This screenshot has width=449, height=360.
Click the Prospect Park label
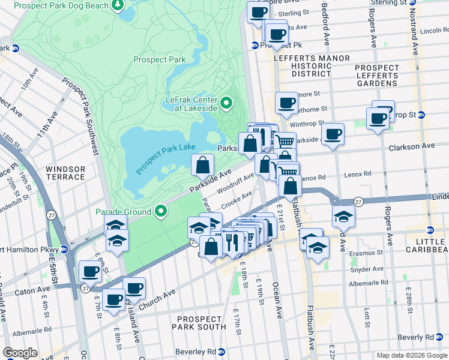tap(160, 59)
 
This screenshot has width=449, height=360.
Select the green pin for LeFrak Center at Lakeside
tap(226, 104)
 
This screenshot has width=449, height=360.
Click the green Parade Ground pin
tap(161, 211)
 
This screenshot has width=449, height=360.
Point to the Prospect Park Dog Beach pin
tap(118, 6)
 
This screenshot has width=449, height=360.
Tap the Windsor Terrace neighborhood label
tap(65, 173)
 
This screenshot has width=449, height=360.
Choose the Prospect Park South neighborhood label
tap(199, 322)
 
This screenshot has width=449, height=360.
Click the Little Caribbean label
tap(427, 245)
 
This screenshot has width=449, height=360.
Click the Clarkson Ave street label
tap(411, 146)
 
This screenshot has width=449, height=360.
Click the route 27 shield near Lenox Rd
tap(358, 203)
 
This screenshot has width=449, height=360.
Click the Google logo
tap(20, 353)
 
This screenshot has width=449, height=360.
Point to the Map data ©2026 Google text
tap(411, 355)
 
